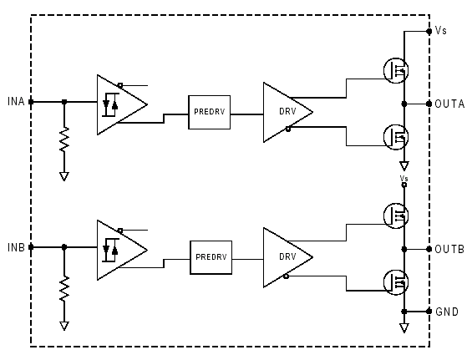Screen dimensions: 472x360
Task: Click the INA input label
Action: [x=16, y=101]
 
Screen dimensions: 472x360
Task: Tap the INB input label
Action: [x=16, y=247]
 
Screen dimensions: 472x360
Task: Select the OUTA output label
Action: [x=449, y=104]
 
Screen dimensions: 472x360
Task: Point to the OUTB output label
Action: [x=449, y=249]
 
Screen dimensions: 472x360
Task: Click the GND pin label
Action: [x=447, y=312]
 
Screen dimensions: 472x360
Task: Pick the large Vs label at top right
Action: [x=441, y=31]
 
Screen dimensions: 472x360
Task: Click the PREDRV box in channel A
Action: [x=210, y=112]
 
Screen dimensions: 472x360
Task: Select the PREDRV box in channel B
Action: [x=211, y=257]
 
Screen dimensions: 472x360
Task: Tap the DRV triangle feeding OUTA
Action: [x=288, y=112]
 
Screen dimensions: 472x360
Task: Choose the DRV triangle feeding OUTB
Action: [x=288, y=257]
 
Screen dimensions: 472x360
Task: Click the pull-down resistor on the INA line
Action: [x=64, y=139]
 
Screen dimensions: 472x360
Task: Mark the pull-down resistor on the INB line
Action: [x=64, y=288]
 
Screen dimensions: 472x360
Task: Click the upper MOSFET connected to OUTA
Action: [x=396, y=70]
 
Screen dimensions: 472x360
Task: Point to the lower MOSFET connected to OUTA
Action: [x=396, y=137]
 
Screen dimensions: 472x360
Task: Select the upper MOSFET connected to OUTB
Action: [x=396, y=215]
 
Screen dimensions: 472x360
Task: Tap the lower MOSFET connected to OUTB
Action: [x=396, y=282]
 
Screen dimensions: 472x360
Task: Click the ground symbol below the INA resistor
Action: [x=64, y=176]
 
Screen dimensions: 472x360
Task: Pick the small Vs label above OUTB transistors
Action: [x=404, y=178]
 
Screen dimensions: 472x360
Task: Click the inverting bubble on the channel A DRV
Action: [x=288, y=129]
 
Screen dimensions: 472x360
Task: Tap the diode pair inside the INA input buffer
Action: [x=110, y=104]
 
